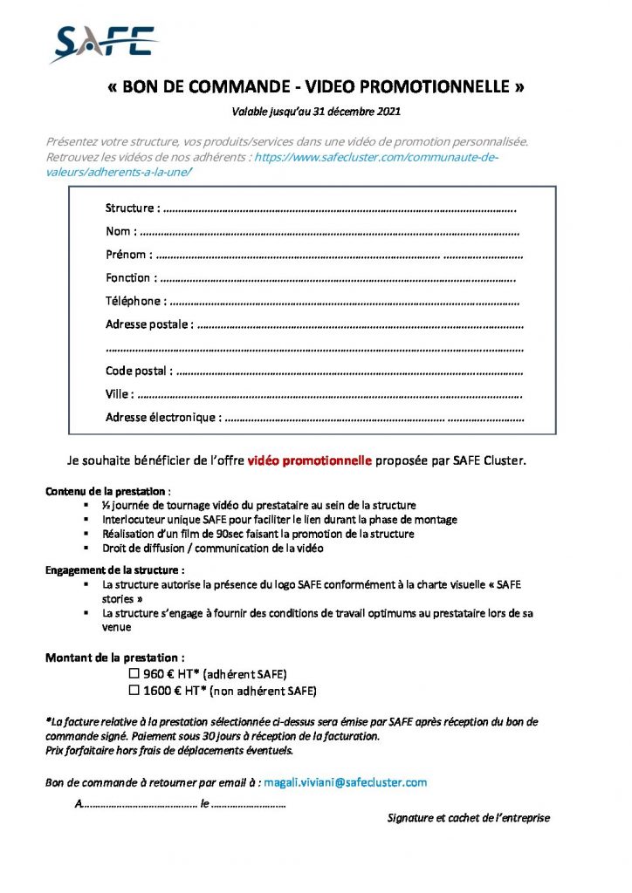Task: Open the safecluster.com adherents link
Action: point(375,157)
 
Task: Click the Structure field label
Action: point(132,208)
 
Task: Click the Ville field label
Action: point(119,394)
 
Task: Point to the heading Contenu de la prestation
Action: point(106,492)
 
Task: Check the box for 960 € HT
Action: point(134,675)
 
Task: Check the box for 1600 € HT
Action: point(134,692)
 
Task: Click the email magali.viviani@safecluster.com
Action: point(345,782)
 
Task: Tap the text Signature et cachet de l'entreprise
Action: point(468,818)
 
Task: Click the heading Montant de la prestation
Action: point(114,658)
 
